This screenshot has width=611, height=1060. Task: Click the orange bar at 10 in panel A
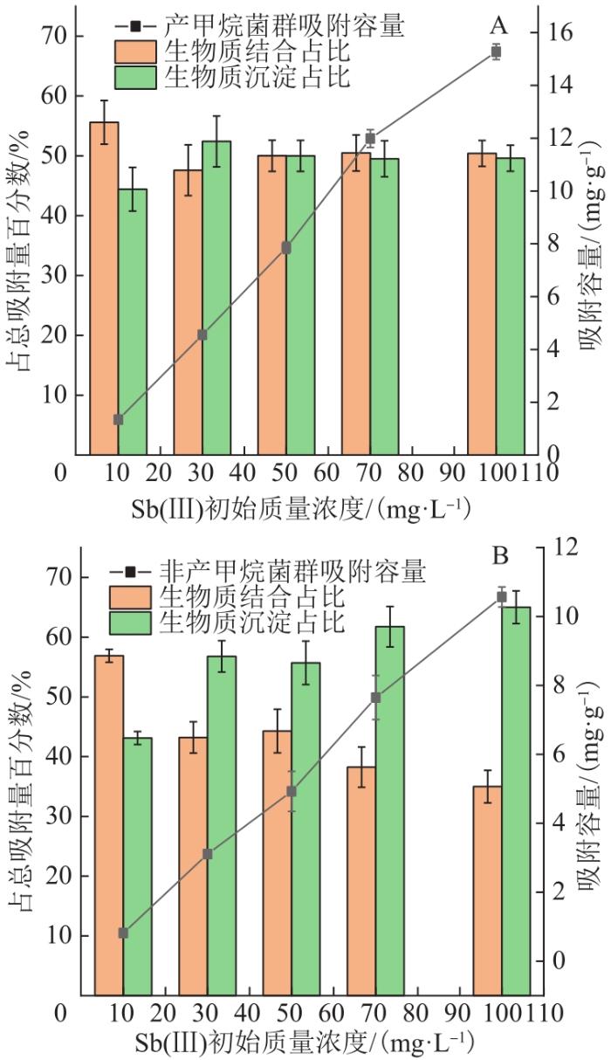coord(104,288)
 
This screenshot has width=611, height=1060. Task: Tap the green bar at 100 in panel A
coord(511,306)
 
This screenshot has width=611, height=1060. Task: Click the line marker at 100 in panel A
coord(496,52)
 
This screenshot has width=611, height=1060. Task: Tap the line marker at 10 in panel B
coord(123,933)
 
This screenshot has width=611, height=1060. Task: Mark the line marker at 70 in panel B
coord(375,698)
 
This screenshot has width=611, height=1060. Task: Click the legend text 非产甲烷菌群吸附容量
coord(292,572)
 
